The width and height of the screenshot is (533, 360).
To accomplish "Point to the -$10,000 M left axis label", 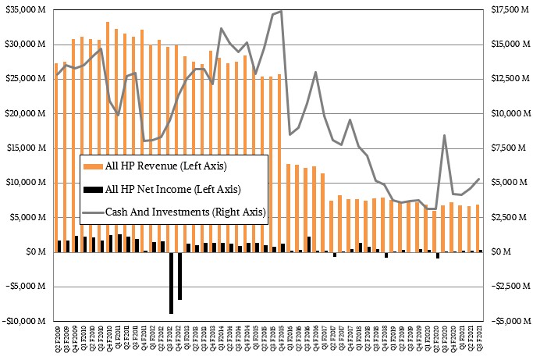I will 25,321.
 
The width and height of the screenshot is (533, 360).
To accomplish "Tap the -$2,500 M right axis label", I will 510,287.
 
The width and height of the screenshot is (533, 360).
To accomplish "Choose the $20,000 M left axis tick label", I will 25,113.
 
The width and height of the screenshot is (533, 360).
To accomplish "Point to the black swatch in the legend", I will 92,188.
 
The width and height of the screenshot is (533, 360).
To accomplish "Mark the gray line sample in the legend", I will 92,212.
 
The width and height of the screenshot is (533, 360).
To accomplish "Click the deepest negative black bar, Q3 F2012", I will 171,282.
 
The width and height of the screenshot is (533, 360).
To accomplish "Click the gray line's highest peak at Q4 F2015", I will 281,11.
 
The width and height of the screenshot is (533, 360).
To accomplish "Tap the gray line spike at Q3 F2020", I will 444,135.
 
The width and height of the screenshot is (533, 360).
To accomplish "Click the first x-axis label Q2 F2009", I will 57,344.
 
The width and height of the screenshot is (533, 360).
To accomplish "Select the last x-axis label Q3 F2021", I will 478,344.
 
